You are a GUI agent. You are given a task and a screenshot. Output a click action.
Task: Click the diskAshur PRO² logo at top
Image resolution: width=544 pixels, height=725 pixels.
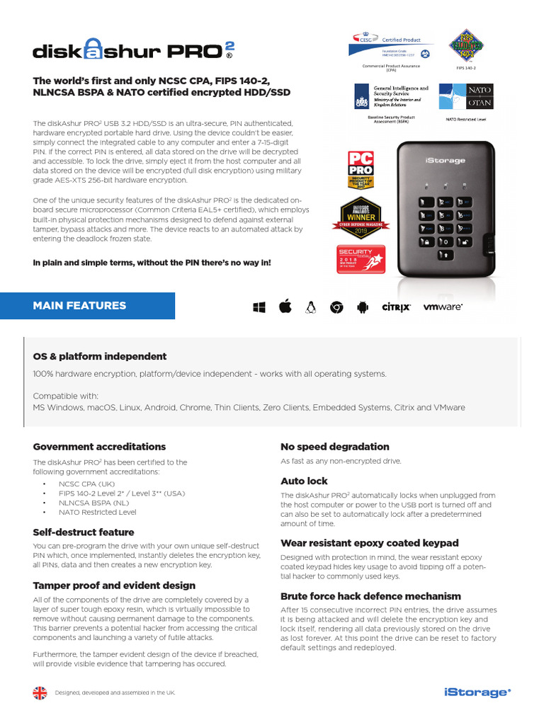tap(133, 51)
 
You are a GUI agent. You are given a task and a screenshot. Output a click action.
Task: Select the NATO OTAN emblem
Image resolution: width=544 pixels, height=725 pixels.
tap(465, 97)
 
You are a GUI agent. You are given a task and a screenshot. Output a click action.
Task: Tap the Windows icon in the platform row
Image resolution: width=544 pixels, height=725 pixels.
tap(259, 307)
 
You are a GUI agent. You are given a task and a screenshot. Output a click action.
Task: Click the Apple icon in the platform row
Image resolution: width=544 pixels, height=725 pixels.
tap(285, 307)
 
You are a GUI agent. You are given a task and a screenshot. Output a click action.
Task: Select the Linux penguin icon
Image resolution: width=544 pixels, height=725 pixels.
tap(310, 307)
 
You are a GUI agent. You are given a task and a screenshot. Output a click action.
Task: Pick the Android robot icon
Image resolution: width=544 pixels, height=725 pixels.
tap(362, 307)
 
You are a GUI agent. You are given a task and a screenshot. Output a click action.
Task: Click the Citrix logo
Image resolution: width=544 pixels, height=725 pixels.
tap(396, 307)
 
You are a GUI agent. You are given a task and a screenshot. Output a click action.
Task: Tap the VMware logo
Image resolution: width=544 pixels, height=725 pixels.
tap(443, 307)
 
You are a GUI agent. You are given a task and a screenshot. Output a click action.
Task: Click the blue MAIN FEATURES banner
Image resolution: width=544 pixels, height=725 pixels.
tap(87, 306)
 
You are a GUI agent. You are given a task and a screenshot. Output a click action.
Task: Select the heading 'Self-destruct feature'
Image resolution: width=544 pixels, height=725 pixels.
tap(84, 532)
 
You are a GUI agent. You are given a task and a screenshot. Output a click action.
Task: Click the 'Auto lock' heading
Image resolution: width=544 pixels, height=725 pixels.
tap(303, 481)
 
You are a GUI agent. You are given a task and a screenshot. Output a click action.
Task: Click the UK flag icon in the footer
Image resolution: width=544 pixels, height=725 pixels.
tap(40, 692)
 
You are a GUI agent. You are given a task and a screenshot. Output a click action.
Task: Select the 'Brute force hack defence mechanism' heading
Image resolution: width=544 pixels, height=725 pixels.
tap(370, 596)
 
